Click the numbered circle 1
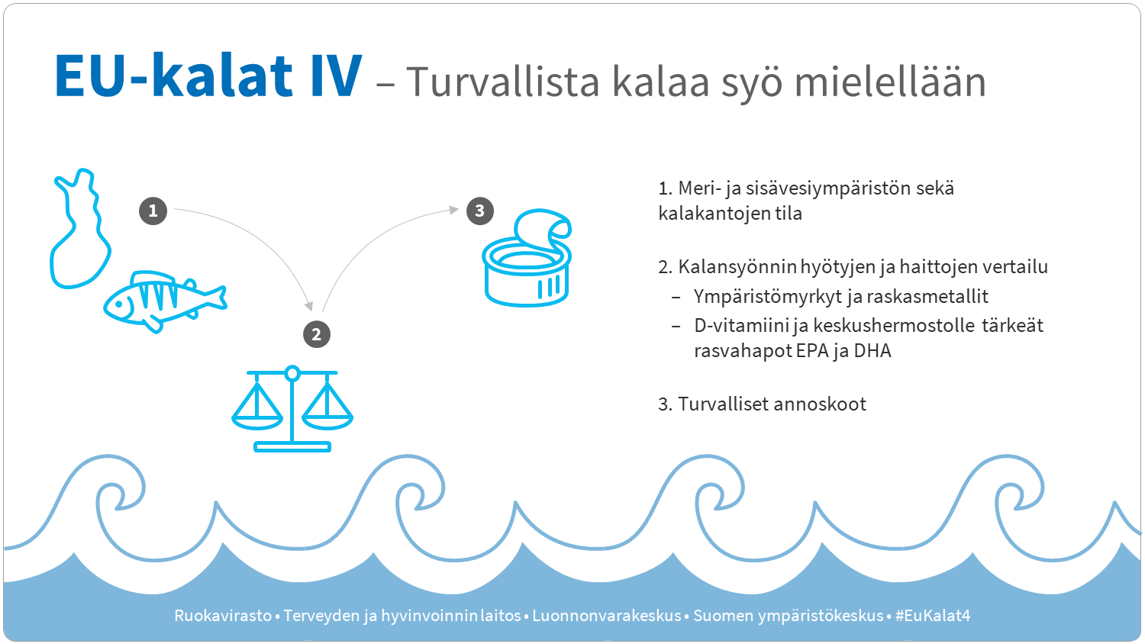tap(153, 211)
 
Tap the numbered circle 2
tap(317, 334)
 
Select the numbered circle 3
tap(479, 211)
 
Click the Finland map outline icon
tap(79, 229)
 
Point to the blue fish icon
tap(164, 301)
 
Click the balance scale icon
tap(292, 408)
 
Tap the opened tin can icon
tap(527, 259)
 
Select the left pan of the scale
tap(257, 408)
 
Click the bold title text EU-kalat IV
tap(208, 76)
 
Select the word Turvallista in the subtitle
tap(503, 82)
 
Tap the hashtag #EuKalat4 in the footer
tap(932, 616)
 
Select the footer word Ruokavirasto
tap(223, 616)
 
